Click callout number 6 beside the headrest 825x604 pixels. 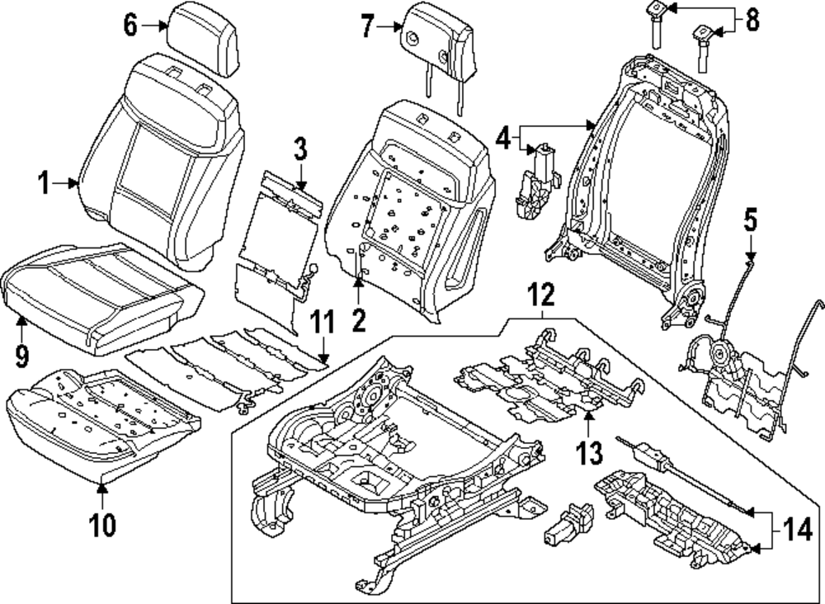coord(130,25)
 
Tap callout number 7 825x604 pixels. coord(368,26)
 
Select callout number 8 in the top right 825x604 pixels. coord(752,21)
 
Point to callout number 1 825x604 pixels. coord(45,184)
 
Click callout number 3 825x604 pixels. coord(300,149)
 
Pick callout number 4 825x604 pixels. coord(503,139)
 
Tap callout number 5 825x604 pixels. coord(751,219)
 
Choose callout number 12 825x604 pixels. coord(541,295)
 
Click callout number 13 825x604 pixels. coord(589,452)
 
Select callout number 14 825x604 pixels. coord(797,531)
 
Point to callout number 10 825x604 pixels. coord(102,524)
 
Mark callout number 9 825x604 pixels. coord(21,356)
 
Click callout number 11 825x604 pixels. coord(322,322)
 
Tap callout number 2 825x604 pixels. coord(359,320)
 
